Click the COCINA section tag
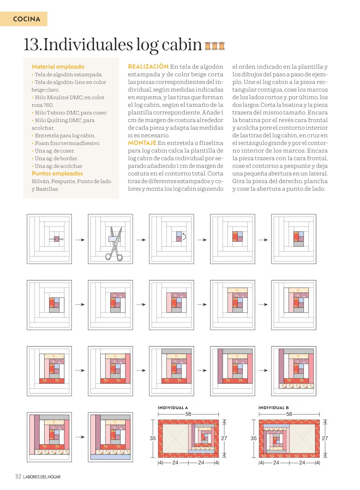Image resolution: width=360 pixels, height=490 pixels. pos(24,19)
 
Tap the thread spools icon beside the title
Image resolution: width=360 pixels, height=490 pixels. pos(215,46)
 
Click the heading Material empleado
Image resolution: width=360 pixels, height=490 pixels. pos(58,66)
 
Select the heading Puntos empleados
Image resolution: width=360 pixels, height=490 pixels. pos(57,174)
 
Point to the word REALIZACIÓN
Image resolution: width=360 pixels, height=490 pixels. pos(148,66)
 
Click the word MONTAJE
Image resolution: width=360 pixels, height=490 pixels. pos(142,143)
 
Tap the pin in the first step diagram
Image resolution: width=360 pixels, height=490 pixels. pos(56,239)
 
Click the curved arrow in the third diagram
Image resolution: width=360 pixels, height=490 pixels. pos(184,236)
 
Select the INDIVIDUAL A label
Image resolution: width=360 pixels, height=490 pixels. pos(173,408)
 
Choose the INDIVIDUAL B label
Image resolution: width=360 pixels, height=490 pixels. pos(273,408)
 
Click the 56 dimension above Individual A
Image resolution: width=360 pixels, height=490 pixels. pos(188,414)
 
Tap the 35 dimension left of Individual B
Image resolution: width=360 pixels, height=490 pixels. pos(254,438)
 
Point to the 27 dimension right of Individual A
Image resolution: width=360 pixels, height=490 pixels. pos(224,438)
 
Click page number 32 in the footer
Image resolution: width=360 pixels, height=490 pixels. pos(18,476)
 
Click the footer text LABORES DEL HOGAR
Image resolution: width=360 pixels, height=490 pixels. pos(42,477)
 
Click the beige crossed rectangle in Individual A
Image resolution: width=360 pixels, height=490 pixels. pos(175,439)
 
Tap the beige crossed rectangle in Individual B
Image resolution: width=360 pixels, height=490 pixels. pos(302,439)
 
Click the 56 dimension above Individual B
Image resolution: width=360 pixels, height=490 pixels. pos(289,414)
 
